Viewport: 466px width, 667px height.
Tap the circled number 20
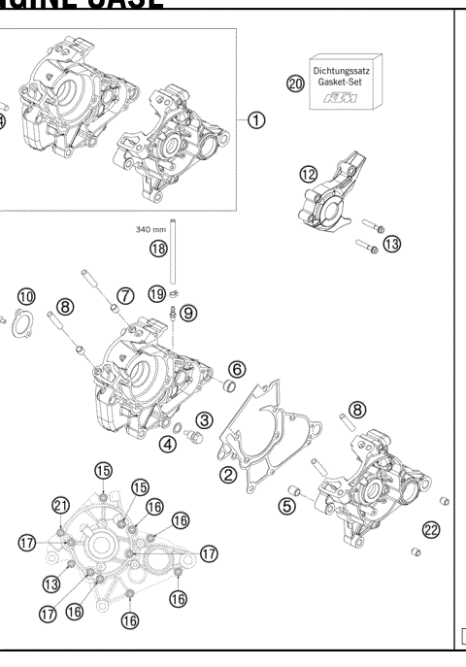tap(296, 83)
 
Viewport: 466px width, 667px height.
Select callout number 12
tap(308, 174)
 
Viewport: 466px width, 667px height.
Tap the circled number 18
tap(158, 249)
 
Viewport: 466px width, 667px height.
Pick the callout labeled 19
tap(155, 291)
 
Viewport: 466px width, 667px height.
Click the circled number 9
tap(187, 312)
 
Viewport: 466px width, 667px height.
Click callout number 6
tap(237, 368)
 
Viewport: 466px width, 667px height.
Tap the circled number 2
tap(227, 474)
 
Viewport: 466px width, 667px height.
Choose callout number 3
tap(205, 420)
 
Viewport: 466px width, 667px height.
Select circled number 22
tap(431, 529)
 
